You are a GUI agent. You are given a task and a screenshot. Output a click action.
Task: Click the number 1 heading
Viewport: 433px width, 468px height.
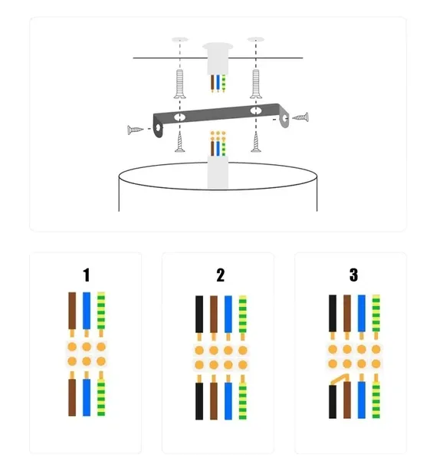[x=86, y=275]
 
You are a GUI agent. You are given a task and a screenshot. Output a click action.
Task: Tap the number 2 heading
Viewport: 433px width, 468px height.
[x=221, y=275]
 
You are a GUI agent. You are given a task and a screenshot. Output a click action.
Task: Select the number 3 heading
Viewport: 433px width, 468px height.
[x=353, y=275]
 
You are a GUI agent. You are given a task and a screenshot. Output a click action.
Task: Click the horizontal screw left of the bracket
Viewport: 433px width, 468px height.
[x=136, y=130]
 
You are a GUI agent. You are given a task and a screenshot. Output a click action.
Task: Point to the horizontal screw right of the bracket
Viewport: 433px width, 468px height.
[x=300, y=117]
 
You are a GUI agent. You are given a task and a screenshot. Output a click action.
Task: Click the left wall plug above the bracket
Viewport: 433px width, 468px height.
[x=180, y=84]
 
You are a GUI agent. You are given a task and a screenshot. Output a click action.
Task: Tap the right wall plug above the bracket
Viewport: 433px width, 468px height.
[x=256, y=84]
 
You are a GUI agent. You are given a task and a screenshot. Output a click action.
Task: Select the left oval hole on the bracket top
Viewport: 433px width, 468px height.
[x=180, y=117]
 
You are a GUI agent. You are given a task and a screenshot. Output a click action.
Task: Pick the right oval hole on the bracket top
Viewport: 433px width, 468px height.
[x=255, y=110]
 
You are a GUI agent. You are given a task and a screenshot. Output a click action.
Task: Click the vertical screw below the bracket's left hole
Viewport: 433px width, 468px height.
[x=179, y=142]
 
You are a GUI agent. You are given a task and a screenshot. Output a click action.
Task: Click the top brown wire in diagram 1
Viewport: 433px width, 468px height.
[x=72, y=311]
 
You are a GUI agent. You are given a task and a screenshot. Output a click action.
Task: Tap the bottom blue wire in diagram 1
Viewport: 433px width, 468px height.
[x=87, y=397]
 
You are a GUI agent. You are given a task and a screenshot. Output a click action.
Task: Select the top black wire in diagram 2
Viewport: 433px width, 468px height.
[x=199, y=315]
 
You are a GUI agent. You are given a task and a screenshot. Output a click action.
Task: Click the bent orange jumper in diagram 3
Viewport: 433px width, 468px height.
[x=340, y=378]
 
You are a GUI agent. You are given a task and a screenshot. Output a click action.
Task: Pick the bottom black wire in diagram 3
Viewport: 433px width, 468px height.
[x=333, y=402]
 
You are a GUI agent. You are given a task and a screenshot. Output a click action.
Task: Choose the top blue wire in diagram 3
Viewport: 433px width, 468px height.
[x=362, y=313]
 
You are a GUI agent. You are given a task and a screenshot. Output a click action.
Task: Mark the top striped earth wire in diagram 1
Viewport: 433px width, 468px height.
[x=101, y=311]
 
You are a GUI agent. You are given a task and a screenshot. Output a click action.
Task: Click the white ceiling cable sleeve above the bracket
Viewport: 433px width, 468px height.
[x=218, y=59]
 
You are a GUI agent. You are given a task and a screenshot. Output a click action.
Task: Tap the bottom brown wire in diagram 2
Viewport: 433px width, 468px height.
[x=214, y=401]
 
